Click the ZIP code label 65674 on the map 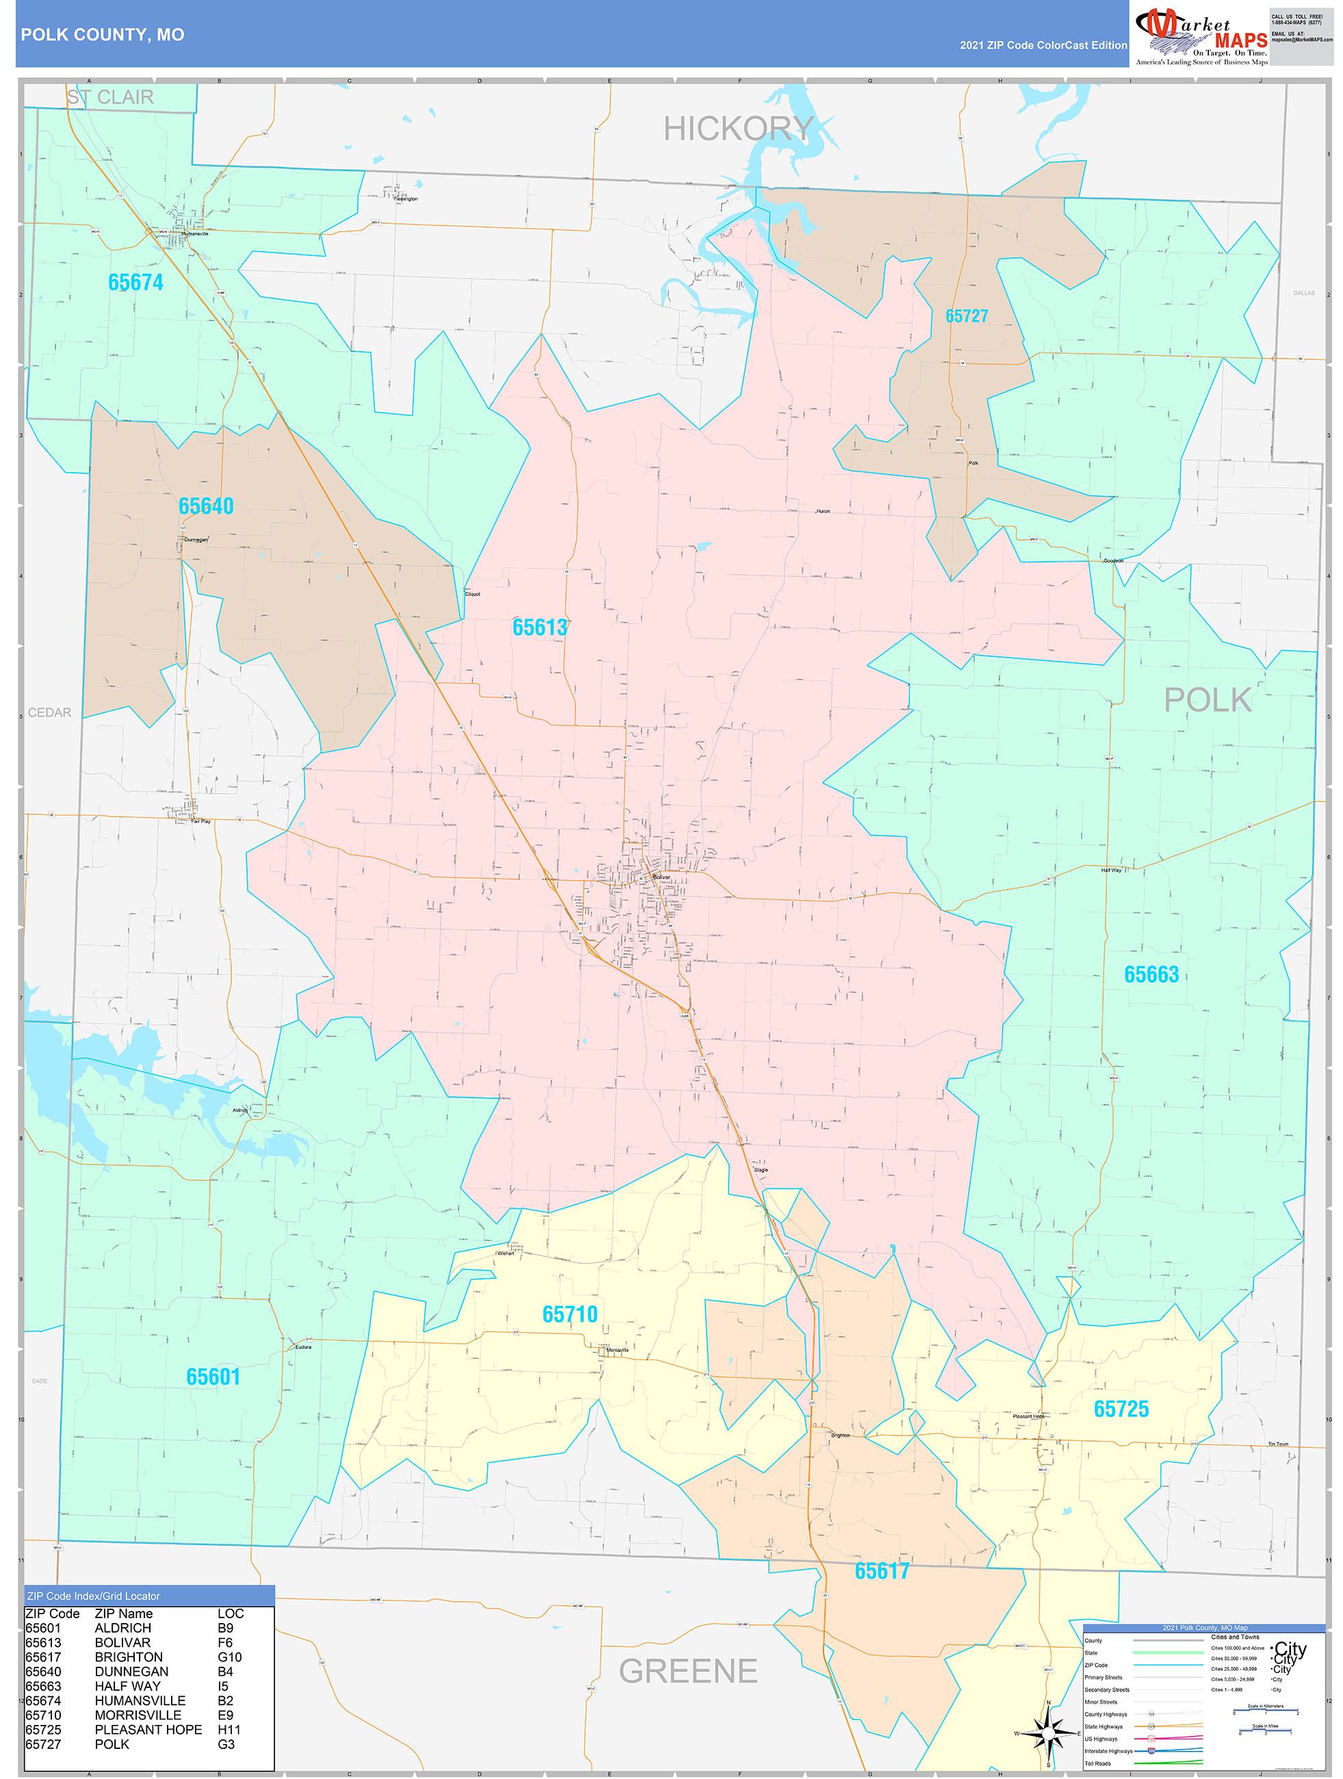tap(136, 283)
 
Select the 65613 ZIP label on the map tap(540, 627)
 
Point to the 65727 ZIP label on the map tap(967, 316)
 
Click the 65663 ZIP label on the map tap(1151, 975)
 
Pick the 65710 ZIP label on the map tap(570, 1315)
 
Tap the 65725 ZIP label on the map tap(1121, 1409)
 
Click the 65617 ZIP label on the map tap(881, 1572)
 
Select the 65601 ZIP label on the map tap(213, 1377)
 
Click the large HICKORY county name tap(738, 129)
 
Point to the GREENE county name tap(688, 1671)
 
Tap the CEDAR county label tap(50, 712)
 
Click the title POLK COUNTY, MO tap(102, 35)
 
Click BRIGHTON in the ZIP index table tap(129, 1658)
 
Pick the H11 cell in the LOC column tap(229, 1730)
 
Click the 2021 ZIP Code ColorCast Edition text tap(1043, 46)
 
